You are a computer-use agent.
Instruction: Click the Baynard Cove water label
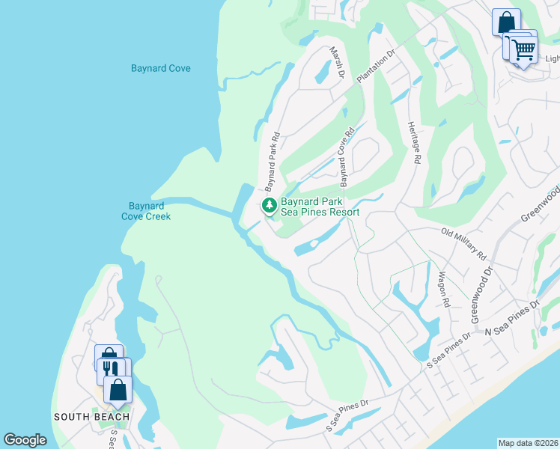(x=160, y=68)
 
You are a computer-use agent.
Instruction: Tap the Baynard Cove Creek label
(x=147, y=211)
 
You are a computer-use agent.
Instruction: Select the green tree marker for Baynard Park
(x=268, y=205)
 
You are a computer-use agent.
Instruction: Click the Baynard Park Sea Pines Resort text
(x=320, y=207)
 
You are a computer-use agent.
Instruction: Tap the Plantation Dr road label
(x=376, y=68)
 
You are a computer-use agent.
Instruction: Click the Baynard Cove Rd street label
(x=346, y=156)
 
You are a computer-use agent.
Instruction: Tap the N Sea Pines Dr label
(x=512, y=318)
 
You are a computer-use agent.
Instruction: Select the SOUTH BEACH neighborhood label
(x=91, y=417)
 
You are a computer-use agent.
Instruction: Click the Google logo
(x=25, y=440)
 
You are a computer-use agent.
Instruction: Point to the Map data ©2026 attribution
(x=529, y=443)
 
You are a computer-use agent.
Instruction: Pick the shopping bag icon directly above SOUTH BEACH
(x=118, y=388)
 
